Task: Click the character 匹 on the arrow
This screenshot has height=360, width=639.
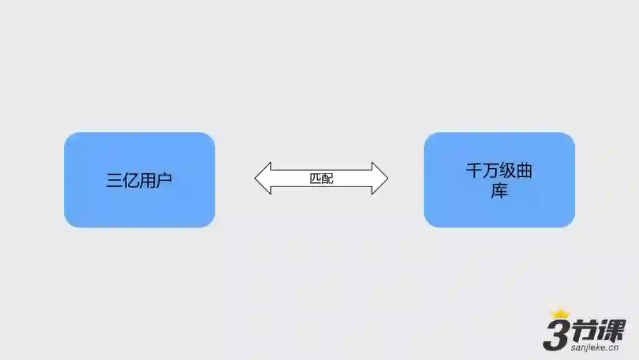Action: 316,178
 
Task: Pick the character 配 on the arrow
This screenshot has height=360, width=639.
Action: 327,178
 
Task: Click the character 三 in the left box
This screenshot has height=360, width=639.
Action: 114,181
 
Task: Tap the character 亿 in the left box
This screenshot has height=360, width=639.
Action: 130,181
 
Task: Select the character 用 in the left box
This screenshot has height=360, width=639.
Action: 147,181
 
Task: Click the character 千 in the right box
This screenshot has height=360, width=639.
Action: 474,171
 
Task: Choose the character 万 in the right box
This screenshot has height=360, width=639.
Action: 490,171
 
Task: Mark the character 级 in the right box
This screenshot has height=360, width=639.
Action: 508,171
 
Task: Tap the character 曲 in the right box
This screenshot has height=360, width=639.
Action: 524,171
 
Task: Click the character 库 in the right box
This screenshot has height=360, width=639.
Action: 499,191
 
